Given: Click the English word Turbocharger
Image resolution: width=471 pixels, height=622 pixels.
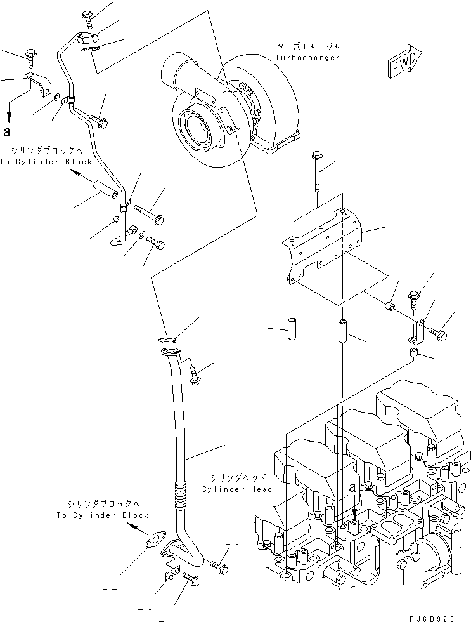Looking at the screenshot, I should tap(307, 58).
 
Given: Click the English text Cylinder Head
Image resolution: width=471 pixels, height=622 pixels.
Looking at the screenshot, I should tap(237, 489).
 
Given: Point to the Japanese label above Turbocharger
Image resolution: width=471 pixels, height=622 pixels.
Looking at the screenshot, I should tap(308, 47).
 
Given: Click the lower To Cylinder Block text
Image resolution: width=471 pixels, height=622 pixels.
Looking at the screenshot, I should tap(102, 515).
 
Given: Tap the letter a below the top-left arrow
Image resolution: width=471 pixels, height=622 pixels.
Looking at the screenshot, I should tap(8, 132).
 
